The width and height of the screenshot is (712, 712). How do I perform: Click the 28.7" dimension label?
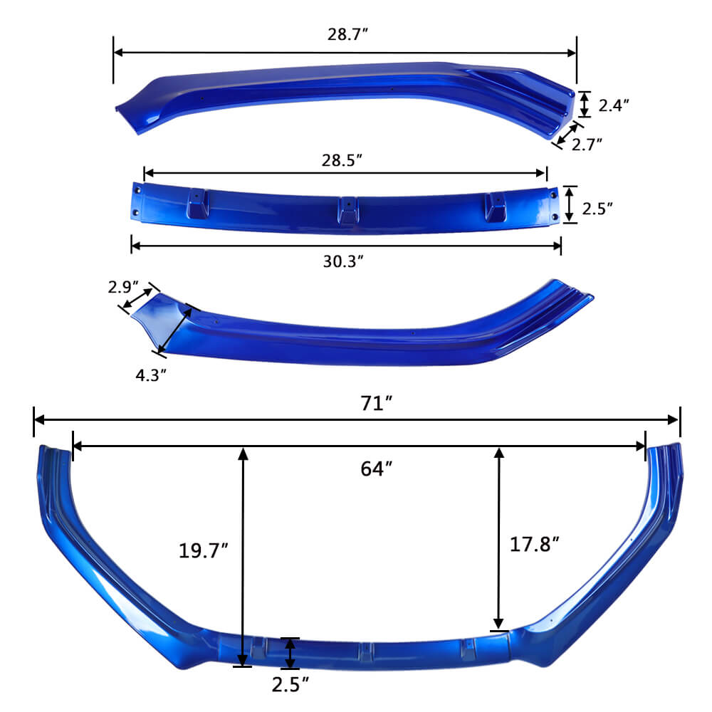(345, 34)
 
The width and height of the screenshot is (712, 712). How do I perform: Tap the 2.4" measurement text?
(613, 105)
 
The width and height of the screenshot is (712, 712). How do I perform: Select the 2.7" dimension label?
(587, 144)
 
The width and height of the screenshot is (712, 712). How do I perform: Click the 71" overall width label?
(375, 403)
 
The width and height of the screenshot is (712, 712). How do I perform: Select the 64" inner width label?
(375, 468)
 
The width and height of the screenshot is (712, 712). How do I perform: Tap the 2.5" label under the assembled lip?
(290, 685)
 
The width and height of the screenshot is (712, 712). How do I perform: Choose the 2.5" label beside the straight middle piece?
(597, 209)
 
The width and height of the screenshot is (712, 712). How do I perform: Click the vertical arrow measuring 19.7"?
(243, 555)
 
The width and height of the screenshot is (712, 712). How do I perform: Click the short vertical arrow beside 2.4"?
(584, 104)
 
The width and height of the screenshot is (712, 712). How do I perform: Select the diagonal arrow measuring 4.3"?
(175, 328)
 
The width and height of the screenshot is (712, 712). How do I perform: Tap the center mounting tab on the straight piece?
(346, 209)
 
